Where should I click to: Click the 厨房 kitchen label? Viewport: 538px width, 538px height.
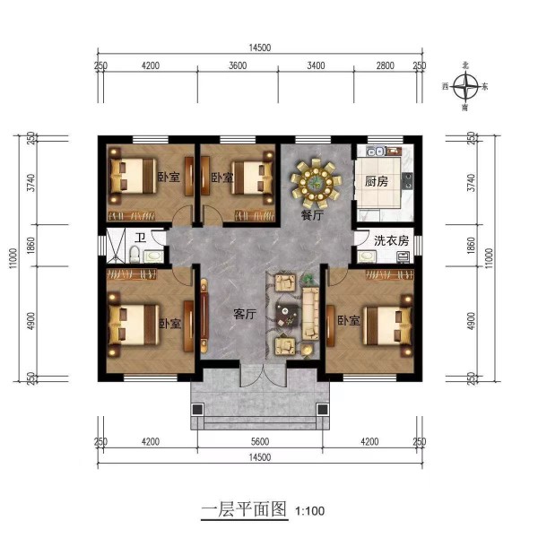(376, 181)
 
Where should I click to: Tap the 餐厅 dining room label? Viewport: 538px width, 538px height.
(312, 215)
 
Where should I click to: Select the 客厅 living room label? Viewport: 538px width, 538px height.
(245, 314)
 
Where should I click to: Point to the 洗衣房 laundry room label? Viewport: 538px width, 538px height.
(391, 240)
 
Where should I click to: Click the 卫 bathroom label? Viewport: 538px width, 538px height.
(140, 238)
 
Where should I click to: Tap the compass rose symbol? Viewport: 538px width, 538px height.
(464, 86)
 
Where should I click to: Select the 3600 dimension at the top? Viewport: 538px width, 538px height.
(238, 65)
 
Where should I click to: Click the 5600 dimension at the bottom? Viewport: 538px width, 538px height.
(260, 441)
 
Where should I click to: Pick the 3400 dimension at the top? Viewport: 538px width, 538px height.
(316, 65)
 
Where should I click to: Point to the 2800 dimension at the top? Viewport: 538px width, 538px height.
(385, 65)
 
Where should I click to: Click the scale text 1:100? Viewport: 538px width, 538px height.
(310, 511)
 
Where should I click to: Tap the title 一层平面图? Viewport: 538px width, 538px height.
(244, 509)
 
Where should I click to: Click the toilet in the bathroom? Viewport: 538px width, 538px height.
(134, 255)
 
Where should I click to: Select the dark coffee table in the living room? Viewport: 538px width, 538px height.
(287, 316)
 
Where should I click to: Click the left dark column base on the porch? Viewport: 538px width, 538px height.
(197, 410)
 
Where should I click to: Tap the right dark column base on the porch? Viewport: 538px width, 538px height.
(322, 410)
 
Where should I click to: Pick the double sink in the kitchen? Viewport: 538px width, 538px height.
(375, 151)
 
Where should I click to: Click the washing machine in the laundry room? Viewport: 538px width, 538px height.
(403, 257)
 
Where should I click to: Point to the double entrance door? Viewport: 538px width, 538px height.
(263, 375)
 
